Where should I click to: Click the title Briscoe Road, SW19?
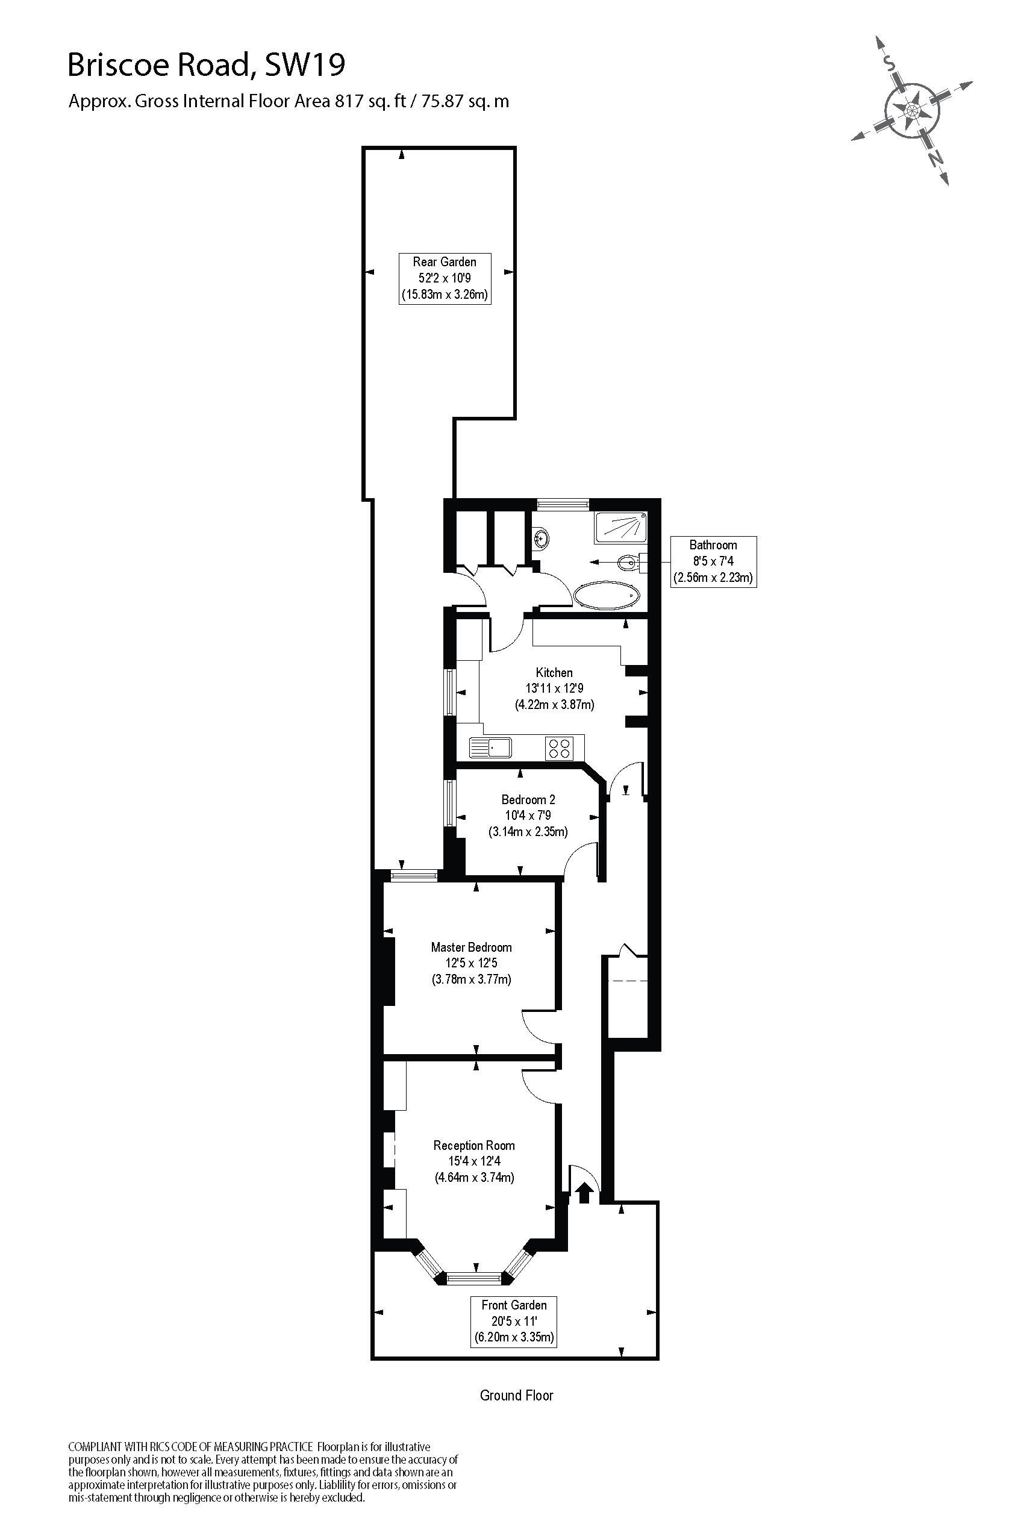(207, 65)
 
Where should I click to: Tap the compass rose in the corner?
(912, 110)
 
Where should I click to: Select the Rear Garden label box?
(445, 278)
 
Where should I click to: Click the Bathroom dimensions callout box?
(713, 561)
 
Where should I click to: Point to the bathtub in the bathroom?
(607, 595)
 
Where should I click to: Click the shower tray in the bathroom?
(620, 528)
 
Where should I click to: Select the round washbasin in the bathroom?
(542, 539)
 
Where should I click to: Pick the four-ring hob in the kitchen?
(559, 748)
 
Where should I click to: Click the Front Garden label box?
(514, 1321)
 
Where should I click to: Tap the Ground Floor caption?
(517, 1396)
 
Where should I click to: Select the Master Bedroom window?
(414, 875)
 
